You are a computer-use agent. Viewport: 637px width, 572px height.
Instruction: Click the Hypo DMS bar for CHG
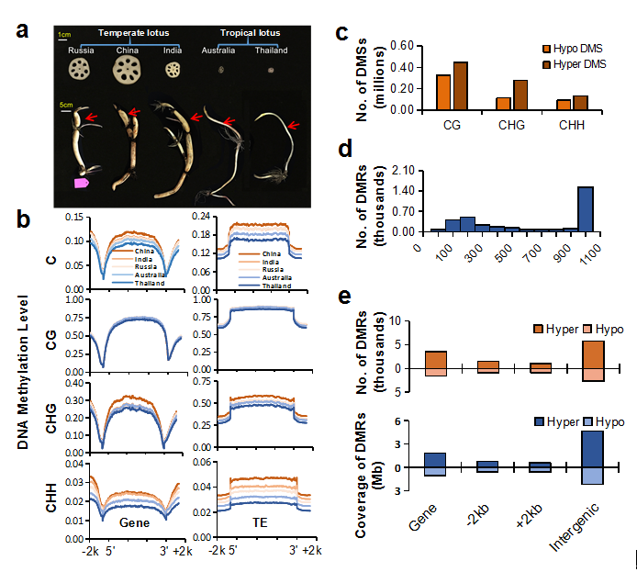503,103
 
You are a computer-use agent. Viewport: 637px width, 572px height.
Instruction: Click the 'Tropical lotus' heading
244,34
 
